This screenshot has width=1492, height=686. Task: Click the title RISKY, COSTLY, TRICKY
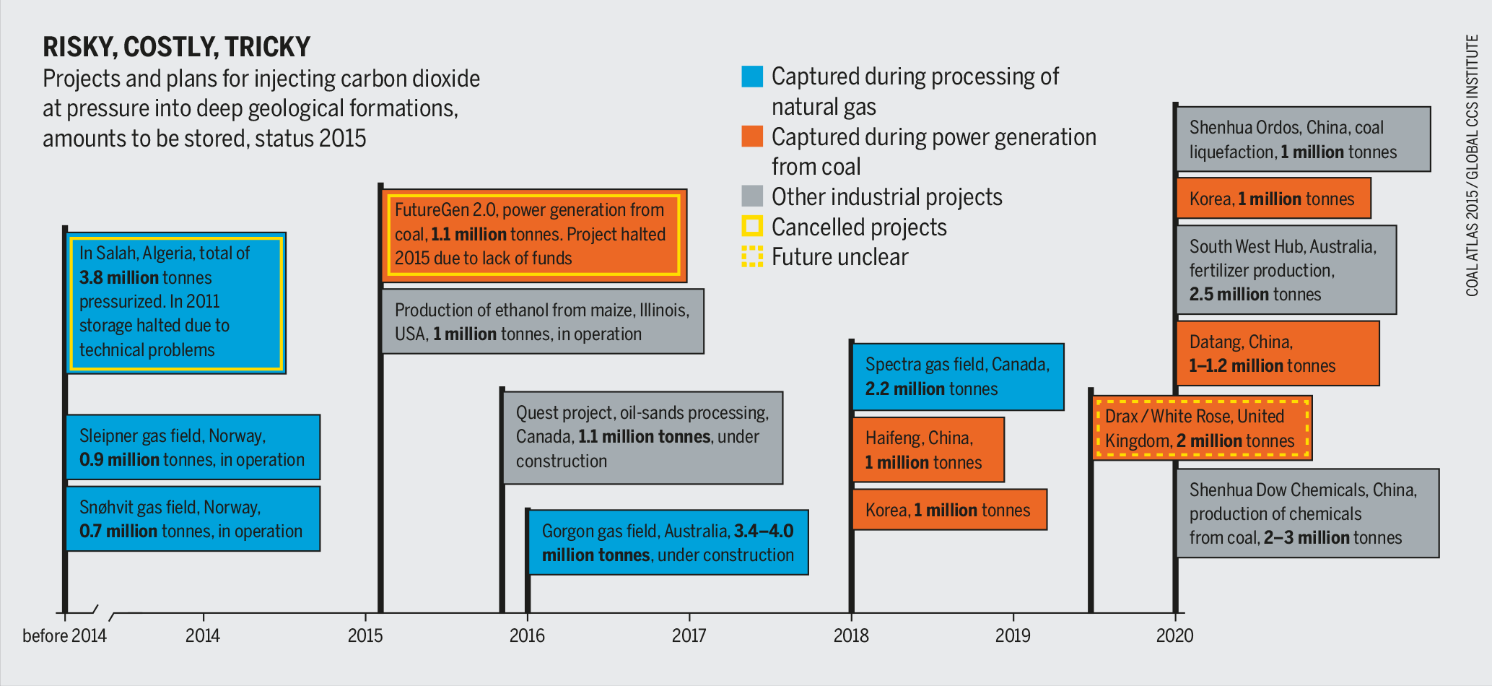176,47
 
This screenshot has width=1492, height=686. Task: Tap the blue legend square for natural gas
752,77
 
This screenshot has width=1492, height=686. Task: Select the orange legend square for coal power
752,136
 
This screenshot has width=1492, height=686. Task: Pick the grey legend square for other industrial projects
752,196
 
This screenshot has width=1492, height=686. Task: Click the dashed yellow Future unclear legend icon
752,256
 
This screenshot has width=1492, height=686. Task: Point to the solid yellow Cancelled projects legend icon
752,227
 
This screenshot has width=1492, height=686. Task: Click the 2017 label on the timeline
689,635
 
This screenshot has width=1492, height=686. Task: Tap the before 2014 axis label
64,635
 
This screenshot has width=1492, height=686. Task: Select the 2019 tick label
1013,635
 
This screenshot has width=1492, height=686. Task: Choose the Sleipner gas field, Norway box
193,447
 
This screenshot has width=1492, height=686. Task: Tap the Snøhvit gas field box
193,518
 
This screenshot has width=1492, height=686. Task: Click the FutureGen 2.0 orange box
533,235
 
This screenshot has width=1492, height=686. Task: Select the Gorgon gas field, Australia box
668,542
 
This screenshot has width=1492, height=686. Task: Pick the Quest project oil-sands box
642,438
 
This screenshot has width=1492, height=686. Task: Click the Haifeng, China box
928,450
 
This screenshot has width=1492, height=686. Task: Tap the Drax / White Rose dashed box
1201,428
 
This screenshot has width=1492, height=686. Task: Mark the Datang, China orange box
1278,353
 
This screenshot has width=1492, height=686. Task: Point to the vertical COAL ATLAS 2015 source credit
1472,166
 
